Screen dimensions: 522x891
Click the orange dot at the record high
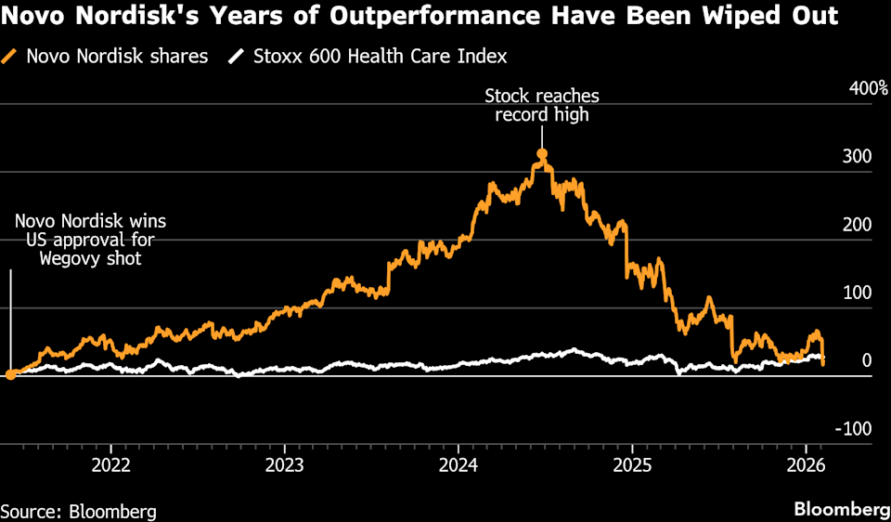click(x=542, y=154)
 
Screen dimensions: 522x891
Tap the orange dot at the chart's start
click(x=10, y=374)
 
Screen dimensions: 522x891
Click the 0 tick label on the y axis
click(x=866, y=360)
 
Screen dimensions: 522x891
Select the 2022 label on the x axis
click(x=110, y=463)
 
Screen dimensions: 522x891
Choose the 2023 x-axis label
click(x=284, y=463)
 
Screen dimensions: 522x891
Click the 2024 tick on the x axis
click(x=458, y=463)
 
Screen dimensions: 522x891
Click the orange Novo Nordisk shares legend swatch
click(x=11, y=57)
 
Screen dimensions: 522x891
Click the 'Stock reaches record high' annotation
click(x=541, y=105)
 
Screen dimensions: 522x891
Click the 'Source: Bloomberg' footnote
click(x=78, y=511)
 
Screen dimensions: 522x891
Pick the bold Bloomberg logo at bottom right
click(x=840, y=510)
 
